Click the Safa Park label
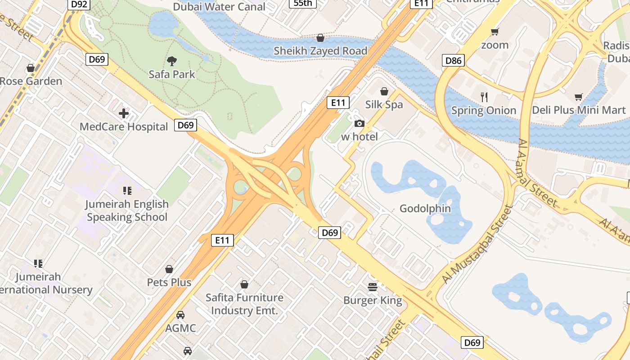pyautogui.click(x=172, y=74)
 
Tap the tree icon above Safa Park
pyautogui.click(x=171, y=61)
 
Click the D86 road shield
pyautogui.click(x=453, y=60)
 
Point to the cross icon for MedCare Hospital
pyautogui.click(x=124, y=113)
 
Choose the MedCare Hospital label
pyautogui.click(x=124, y=126)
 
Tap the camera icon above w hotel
pyautogui.click(x=359, y=123)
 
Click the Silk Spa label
pyautogui.click(x=384, y=104)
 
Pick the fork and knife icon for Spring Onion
pyautogui.click(x=484, y=97)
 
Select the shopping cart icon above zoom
pyautogui.click(x=495, y=31)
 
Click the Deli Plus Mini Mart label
pyautogui.click(x=579, y=110)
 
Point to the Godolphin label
pyautogui.click(x=425, y=208)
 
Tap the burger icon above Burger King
pyautogui.click(x=373, y=287)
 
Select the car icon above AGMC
pyautogui.click(x=180, y=315)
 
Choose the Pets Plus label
pyautogui.click(x=169, y=282)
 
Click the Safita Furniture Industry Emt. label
pyautogui.click(x=244, y=304)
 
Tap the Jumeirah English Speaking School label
pyautogui.click(x=127, y=210)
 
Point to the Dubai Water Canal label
pyautogui.click(x=219, y=7)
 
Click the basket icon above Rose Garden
pyautogui.click(x=31, y=68)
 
